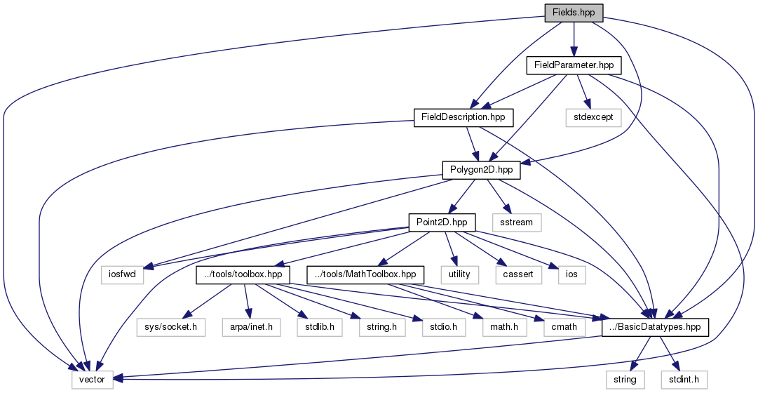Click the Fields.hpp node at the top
point(574,12)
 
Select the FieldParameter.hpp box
point(574,65)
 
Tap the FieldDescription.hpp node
point(463,116)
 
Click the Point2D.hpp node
point(442,222)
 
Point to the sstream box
point(517,222)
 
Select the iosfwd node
point(123,274)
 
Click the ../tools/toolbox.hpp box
point(243,274)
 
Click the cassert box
point(519,274)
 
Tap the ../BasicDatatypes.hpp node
point(654,327)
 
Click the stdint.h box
point(684,380)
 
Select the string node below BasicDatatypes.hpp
point(625,380)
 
